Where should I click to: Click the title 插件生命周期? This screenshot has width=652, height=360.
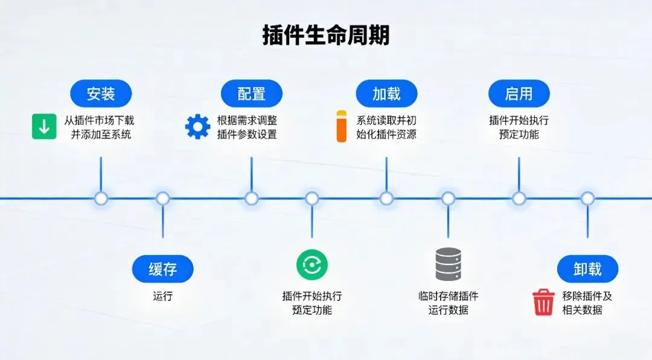tap(326, 35)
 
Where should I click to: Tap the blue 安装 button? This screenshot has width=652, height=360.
tap(101, 94)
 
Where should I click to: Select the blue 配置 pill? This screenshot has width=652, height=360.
tap(251, 94)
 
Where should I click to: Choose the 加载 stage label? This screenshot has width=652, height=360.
tap(386, 94)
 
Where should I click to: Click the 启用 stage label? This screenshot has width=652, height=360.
tap(519, 94)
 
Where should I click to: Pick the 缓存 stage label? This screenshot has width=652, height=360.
tap(162, 269)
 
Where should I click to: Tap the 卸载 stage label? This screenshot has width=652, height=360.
tap(587, 269)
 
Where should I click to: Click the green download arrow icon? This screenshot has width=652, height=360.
tap(44, 127)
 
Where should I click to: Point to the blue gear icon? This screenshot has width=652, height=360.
tap(197, 127)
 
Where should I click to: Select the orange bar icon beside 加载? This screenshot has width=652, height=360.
tap(342, 126)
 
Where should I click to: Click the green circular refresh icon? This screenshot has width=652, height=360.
tap(312, 265)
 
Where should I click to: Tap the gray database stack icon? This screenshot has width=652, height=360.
tap(448, 265)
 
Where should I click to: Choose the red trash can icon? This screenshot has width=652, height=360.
tap(543, 303)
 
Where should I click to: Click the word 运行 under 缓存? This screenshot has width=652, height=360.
tap(162, 297)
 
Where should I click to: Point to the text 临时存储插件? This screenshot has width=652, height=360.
tap(448, 297)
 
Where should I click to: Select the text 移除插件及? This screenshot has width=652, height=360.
tap(587, 297)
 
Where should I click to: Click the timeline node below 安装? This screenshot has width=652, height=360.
tap(101, 198)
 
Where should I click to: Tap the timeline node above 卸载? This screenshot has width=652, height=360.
tap(587, 198)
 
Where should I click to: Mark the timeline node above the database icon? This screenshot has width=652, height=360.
tap(448, 198)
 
